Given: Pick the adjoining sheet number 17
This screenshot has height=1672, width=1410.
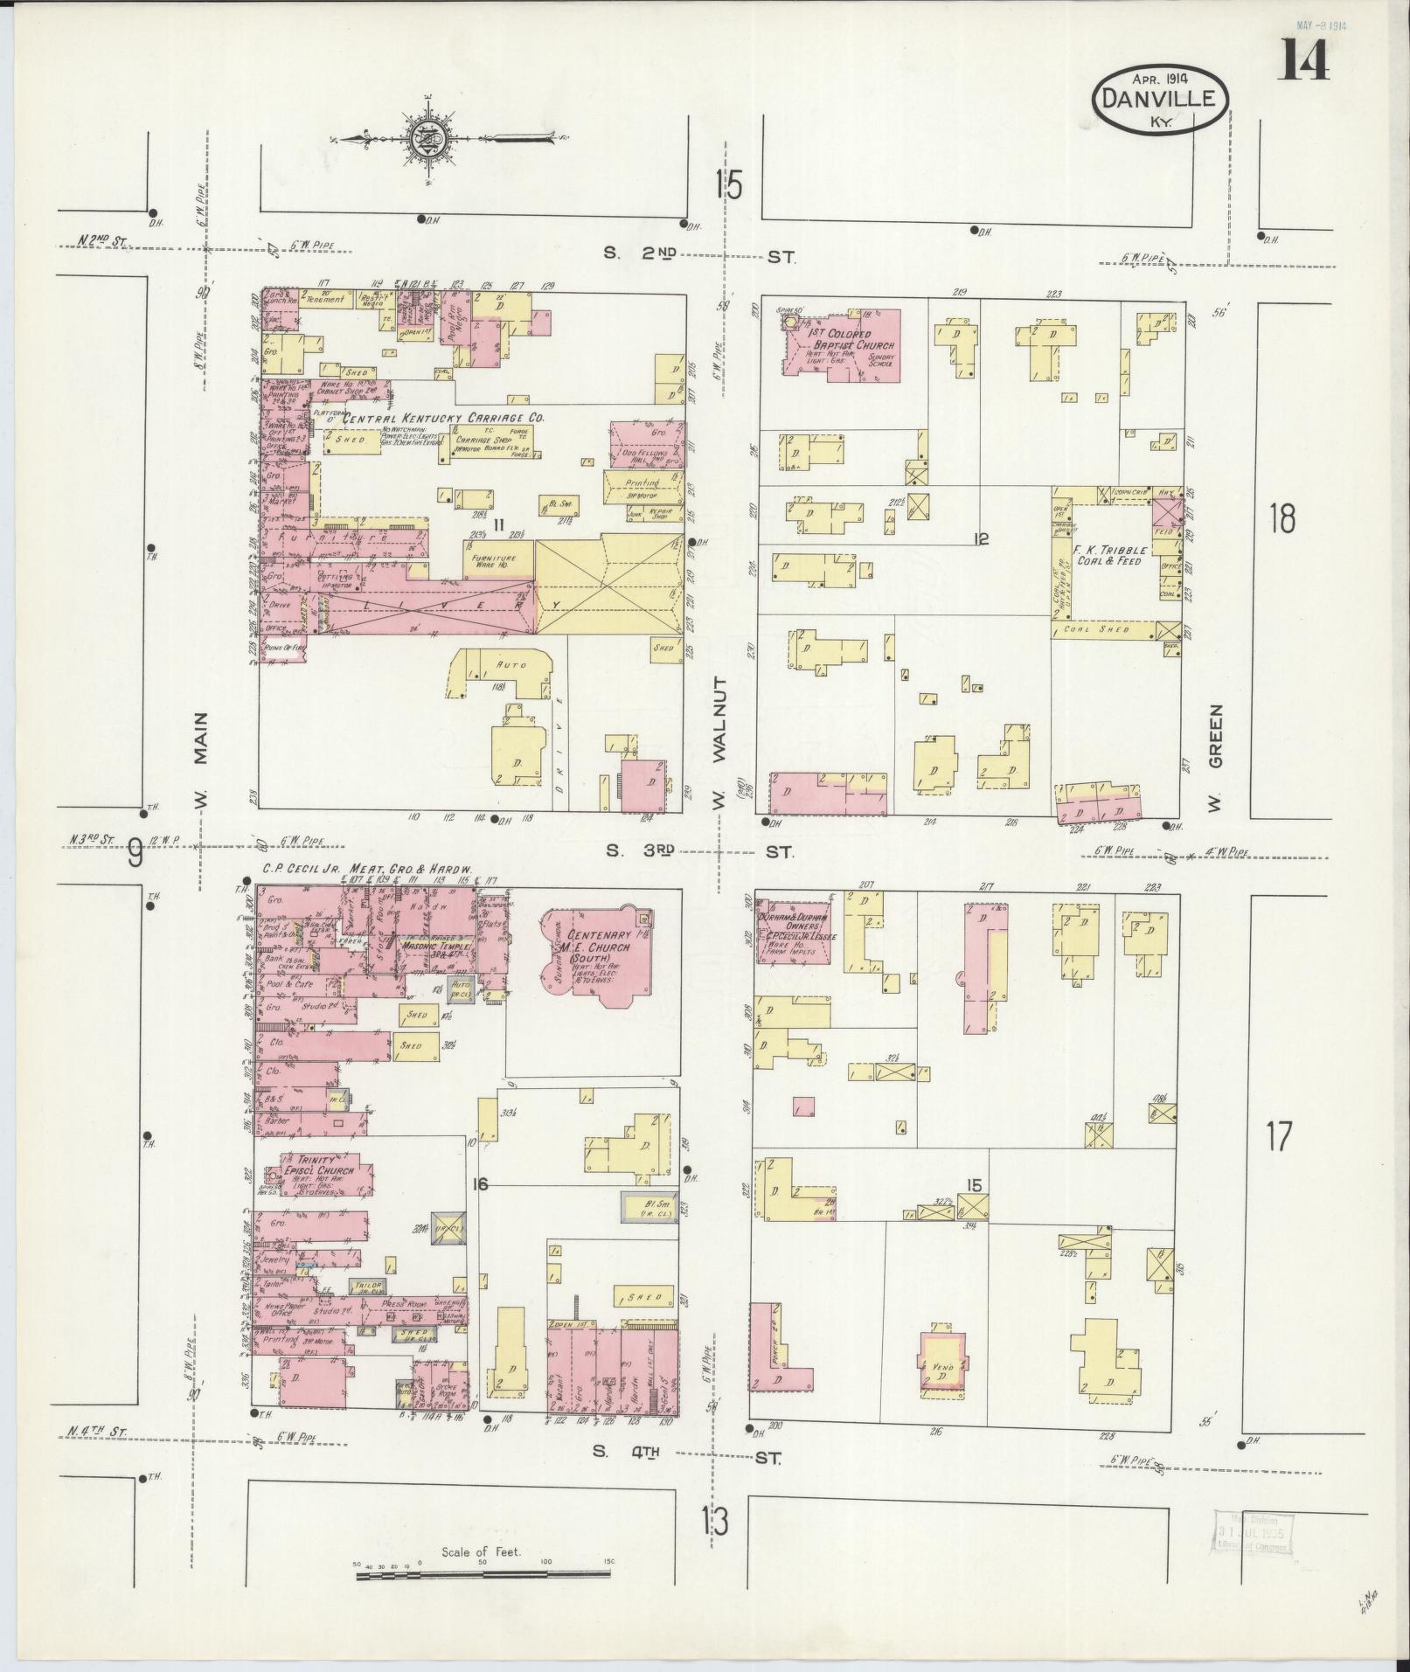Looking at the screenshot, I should [1278, 1137].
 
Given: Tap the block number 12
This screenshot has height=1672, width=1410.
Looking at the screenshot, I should [981, 539].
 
